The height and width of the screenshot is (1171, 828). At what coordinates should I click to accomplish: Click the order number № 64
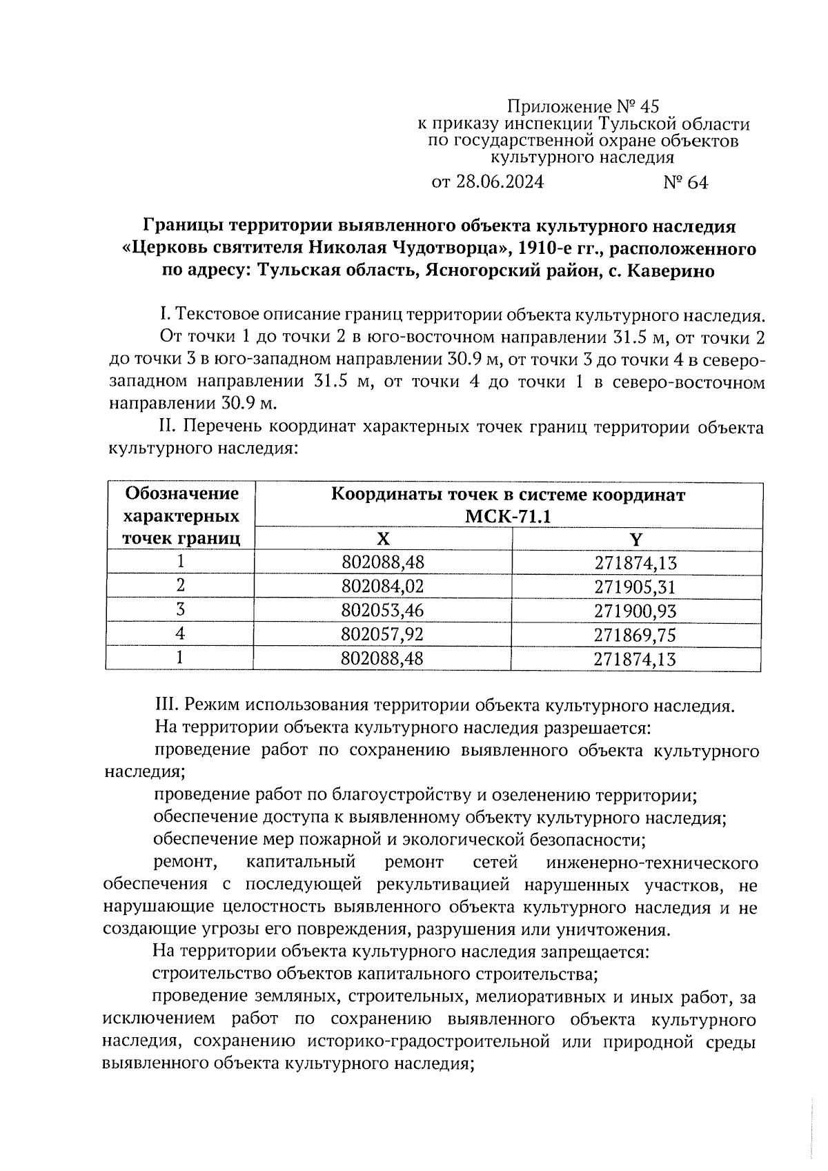click(685, 183)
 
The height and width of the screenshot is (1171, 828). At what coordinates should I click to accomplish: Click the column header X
click(383, 539)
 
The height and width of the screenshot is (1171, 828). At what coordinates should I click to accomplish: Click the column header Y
click(636, 539)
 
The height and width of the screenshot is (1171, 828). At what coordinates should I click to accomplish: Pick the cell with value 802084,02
click(383, 587)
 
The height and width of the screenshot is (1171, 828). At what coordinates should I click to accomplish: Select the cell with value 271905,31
click(636, 587)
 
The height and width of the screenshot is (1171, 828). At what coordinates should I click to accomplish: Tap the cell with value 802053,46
click(383, 611)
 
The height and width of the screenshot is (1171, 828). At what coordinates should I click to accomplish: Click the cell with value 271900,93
click(636, 611)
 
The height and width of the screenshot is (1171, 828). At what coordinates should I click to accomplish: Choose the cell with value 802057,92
click(383, 634)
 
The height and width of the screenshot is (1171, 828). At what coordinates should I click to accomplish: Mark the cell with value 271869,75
click(636, 634)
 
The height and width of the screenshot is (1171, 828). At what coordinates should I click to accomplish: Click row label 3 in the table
click(181, 609)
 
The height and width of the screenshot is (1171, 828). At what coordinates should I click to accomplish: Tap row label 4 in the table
click(181, 633)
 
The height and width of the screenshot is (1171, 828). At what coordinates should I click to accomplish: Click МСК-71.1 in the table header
click(509, 517)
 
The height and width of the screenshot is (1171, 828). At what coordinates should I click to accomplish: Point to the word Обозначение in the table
click(181, 494)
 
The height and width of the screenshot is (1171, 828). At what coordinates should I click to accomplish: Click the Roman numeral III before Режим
click(164, 706)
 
